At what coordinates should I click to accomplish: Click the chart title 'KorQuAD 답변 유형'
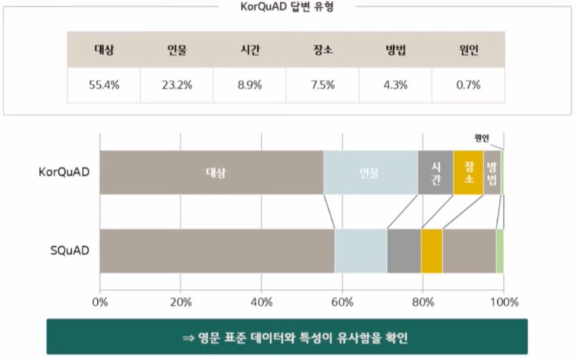click(x=287, y=7)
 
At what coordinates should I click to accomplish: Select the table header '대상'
click(x=103, y=51)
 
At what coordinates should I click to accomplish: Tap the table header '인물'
click(x=177, y=51)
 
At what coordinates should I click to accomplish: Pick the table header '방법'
click(x=395, y=51)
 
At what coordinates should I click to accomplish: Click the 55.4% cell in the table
click(x=103, y=85)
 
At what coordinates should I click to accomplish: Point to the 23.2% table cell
click(x=177, y=85)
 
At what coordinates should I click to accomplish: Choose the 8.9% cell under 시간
click(x=249, y=85)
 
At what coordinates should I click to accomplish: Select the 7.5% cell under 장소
click(x=322, y=85)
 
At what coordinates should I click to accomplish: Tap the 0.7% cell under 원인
click(x=467, y=85)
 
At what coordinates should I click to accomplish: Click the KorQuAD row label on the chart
click(x=64, y=172)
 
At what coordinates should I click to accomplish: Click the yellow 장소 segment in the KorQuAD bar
click(x=468, y=172)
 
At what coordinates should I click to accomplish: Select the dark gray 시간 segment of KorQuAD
click(x=435, y=172)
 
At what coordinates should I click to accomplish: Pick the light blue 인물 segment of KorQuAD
click(x=370, y=172)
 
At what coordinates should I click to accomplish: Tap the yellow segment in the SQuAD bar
click(x=431, y=250)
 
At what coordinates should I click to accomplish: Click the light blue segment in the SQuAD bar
click(x=360, y=250)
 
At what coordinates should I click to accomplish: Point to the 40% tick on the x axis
click(x=261, y=301)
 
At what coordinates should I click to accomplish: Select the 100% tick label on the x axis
click(x=503, y=301)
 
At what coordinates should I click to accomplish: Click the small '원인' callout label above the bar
click(x=481, y=138)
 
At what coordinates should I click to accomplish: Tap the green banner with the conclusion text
click(x=287, y=336)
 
